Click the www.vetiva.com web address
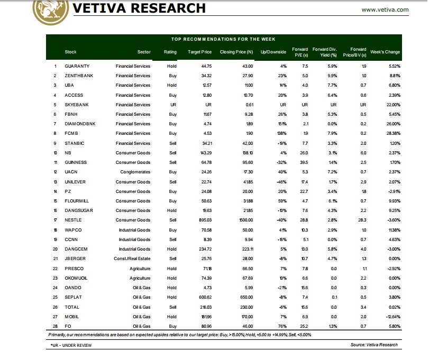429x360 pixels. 385,10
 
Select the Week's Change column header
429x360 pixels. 385,52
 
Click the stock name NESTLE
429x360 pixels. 73,220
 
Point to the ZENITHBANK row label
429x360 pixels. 78,76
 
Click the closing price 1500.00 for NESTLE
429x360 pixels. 245,220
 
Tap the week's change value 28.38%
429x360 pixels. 393,133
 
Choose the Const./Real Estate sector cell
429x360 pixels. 132,259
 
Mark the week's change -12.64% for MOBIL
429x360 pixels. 391,316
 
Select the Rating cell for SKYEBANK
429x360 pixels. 173,105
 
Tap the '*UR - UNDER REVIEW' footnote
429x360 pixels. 72,345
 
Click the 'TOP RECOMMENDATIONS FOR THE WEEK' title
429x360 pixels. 226,39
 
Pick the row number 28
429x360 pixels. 54,326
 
